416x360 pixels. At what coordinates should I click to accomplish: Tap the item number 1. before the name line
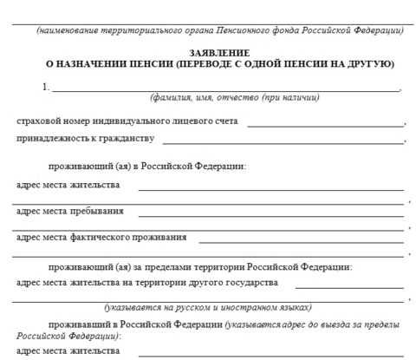46,88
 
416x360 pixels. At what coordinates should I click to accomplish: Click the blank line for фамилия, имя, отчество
225,90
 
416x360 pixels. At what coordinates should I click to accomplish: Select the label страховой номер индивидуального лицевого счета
128,122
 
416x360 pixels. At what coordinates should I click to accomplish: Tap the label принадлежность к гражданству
85,139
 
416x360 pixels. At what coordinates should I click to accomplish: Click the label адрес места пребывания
69,211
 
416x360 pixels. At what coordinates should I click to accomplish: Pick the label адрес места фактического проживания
101,237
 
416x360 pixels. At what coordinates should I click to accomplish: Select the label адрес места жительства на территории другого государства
147,284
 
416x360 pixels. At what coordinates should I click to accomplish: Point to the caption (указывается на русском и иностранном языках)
208,308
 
